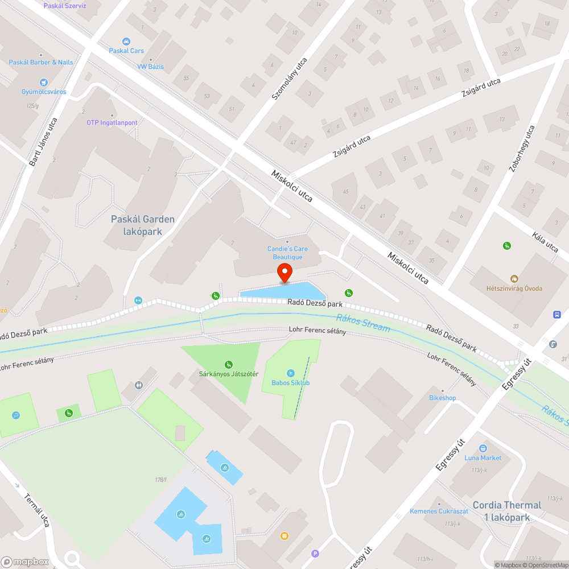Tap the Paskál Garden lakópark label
click(x=143, y=225)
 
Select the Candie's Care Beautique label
click(x=287, y=253)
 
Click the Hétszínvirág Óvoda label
click(x=514, y=288)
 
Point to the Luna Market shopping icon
click(x=483, y=448)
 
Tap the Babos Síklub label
click(x=290, y=382)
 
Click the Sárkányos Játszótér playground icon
click(x=229, y=364)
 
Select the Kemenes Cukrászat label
click(x=439, y=511)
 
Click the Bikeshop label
click(x=442, y=398)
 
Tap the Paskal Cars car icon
click(x=126, y=42)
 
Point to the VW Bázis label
click(x=150, y=67)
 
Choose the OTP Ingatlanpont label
click(x=112, y=122)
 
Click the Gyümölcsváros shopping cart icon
click(x=44, y=83)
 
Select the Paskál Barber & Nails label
click(x=41, y=62)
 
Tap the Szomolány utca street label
click(x=288, y=79)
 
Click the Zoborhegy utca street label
click(x=522, y=149)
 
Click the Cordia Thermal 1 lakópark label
click(x=507, y=511)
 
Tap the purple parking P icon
click(x=315, y=553)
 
